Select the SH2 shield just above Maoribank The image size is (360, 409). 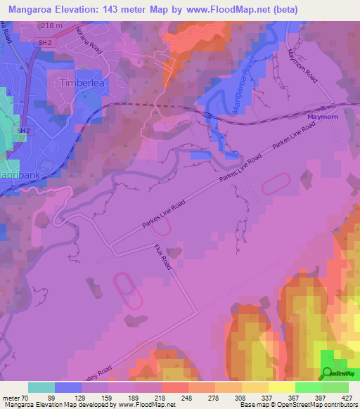click(x=23, y=131)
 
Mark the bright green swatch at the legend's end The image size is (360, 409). click(x=335, y=387)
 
